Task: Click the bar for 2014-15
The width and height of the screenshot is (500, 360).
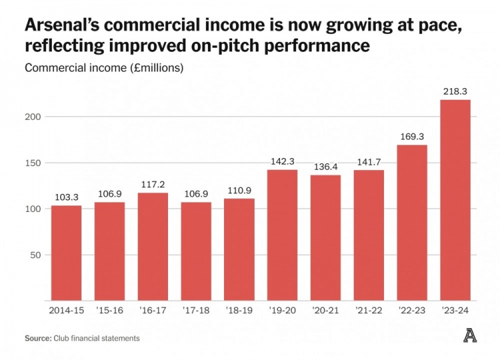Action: coord(66,253)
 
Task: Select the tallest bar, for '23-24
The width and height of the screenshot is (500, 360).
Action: coord(455,200)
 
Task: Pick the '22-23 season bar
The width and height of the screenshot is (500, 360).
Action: coord(412,223)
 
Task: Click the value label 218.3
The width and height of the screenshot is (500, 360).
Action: coord(455,91)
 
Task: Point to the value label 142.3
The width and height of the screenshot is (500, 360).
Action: coord(282,161)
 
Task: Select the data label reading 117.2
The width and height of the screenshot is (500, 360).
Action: coord(153,184)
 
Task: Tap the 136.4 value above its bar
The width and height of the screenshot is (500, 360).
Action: coord(325,166)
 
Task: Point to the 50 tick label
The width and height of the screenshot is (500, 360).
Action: coord(37,255)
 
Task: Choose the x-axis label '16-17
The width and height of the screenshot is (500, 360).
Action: coord(153,311)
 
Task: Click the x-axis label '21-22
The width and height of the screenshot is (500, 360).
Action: coord(369,311)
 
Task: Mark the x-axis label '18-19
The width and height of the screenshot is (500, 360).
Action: coord(239,311)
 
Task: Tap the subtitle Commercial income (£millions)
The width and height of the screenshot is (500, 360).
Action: coord(103,68)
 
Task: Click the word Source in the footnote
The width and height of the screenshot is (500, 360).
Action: coord(37,339)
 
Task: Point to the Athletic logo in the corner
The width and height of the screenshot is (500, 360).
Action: coord(470,337)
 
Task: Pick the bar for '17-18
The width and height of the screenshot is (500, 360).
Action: coord(196,251)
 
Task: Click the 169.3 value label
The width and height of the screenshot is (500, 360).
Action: coord(412,136)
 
